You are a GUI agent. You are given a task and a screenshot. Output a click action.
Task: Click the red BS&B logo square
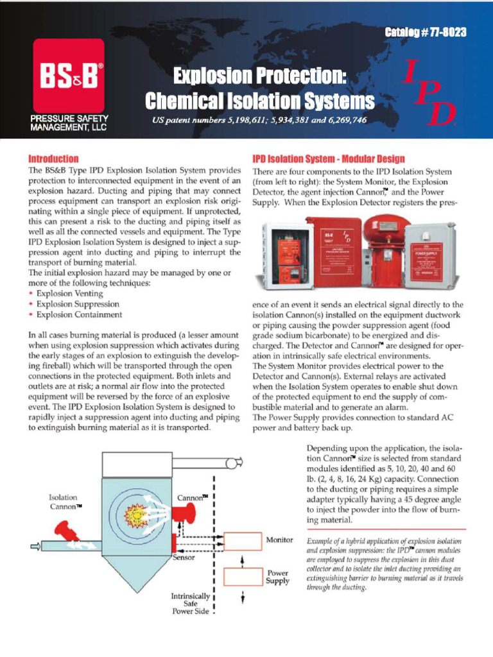point(68,76)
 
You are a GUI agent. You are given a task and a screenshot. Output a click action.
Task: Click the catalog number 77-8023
point(426,32)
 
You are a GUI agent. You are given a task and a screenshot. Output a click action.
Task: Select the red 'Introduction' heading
point(54,158)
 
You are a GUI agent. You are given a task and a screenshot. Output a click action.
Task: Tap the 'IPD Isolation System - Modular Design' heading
point(329,158)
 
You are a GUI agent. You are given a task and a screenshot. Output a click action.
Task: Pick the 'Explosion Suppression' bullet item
point(78,304)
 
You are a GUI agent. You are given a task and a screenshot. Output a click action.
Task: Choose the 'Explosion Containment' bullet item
point(79,315)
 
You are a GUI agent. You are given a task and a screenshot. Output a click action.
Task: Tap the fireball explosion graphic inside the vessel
point(136,514)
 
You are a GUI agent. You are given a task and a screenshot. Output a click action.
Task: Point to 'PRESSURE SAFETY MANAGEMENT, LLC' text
point(69,123)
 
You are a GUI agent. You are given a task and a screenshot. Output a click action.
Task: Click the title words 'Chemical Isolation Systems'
point(259,101)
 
